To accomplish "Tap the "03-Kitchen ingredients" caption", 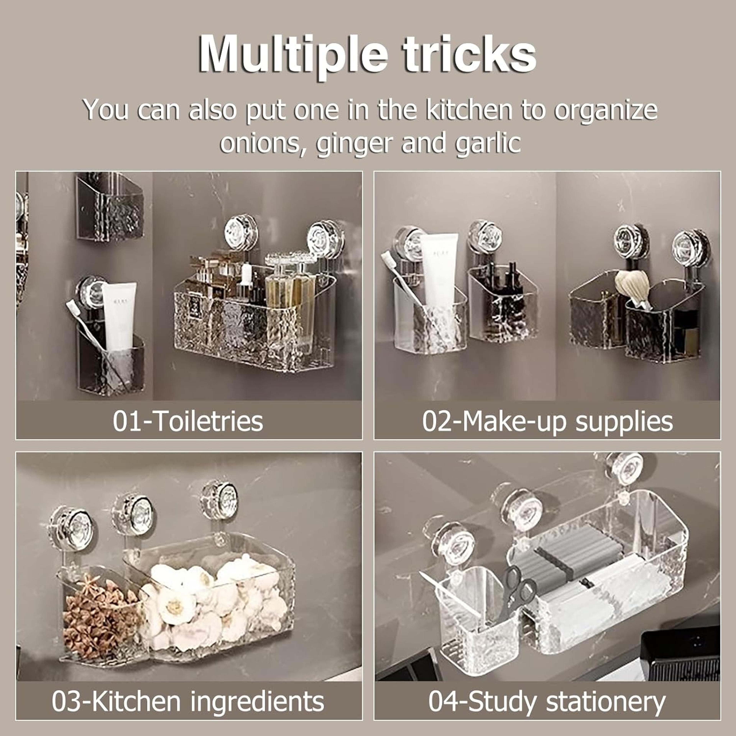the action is coord(188,701).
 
